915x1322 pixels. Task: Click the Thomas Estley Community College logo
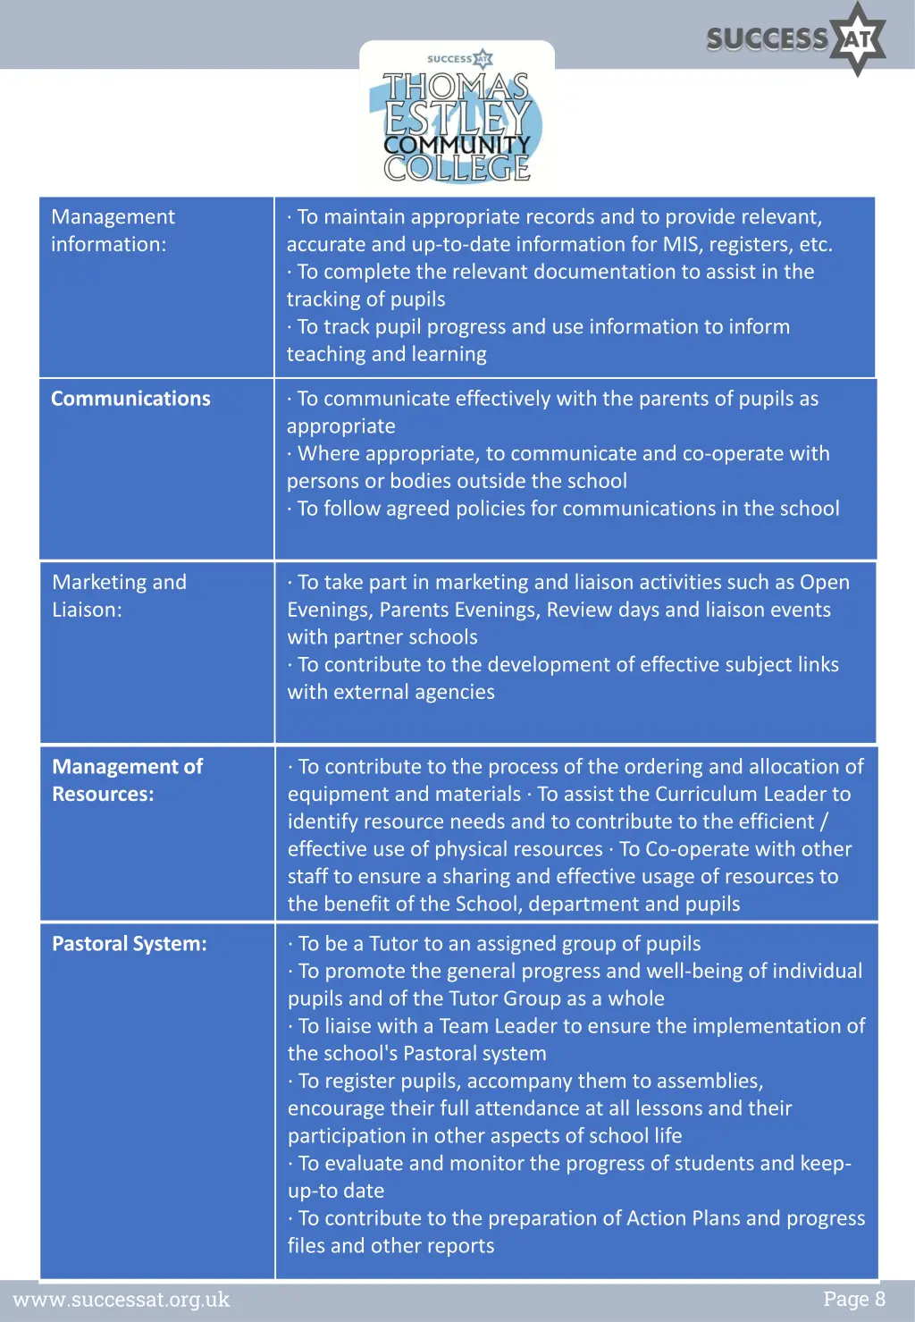(457, 121)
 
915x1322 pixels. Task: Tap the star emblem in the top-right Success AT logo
(857, 38)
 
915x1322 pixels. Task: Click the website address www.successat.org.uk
(122, 1299)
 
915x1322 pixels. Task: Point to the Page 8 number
(853, 1299)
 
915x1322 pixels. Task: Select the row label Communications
(130, 399)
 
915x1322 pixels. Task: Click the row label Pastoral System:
(129, 944)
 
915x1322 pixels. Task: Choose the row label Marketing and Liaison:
(119, 595)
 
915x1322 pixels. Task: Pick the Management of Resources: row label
(127, 779)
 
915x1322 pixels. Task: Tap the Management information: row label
(113, 231)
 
